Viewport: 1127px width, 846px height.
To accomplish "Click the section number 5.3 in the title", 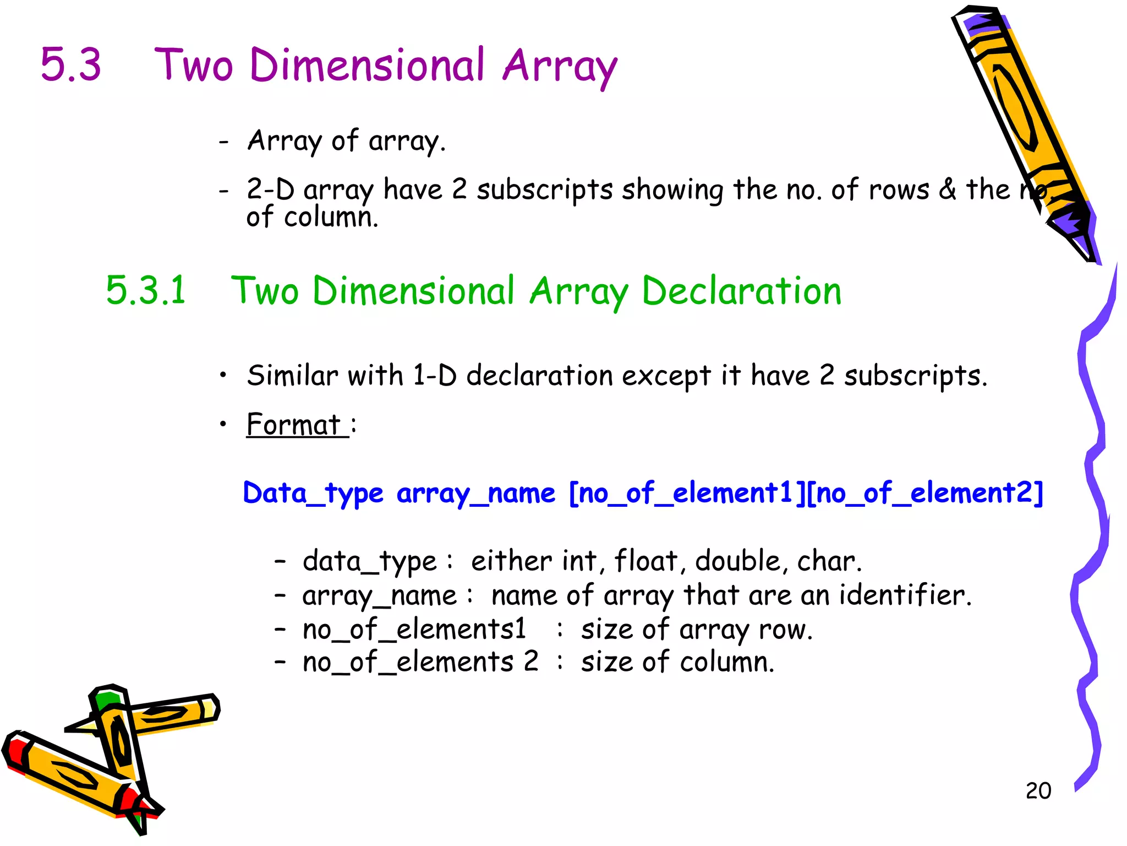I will (71, 65).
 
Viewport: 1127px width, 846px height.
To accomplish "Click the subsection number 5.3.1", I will (146, 290).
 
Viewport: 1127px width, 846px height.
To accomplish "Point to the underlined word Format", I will (294, 425).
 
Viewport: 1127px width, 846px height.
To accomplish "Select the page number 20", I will (1038, 791).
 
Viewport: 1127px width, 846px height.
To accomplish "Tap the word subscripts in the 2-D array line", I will (544, 190).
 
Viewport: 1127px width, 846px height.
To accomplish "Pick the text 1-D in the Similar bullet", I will (434, 376).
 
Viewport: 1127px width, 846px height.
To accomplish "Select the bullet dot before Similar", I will (223, 376).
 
